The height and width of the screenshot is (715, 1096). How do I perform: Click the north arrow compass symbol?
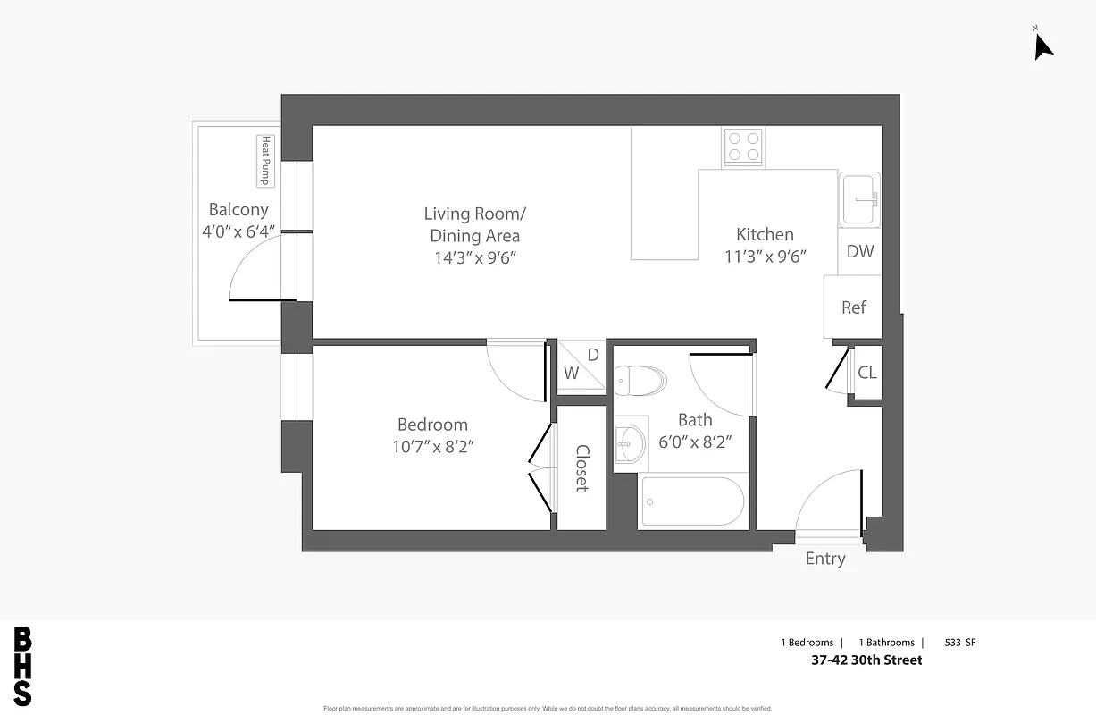pyautogui.click(x=1042, y=45)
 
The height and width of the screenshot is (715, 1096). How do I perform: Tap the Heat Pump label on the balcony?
pyautogui.click(x=265, y=161)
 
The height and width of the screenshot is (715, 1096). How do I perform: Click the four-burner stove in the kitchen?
pyautogui.click(x=743, y=147)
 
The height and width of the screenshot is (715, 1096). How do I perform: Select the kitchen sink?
pyautogui.click(x=859, y=198)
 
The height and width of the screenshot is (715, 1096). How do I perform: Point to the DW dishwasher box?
pyautogui.click(x=859, y=251)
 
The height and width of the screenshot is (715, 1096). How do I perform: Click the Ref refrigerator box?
pyautogui.click(x=853, y=307)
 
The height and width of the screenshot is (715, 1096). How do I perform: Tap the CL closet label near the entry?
pyautogui.click(x=866, y=373)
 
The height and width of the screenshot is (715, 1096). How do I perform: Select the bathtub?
pyautogui.click(x=692, y=501)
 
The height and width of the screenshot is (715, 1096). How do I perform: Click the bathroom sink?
pyautogui.click(x=631, y=442)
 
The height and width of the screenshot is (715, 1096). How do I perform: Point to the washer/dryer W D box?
pyautogui.click(x=581, y=366)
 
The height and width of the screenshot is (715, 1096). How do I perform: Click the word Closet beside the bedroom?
pyautogui.click(x=581, y=468)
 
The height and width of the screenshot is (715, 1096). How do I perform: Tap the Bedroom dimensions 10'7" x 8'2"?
pyautogui.click(x=432, y=447)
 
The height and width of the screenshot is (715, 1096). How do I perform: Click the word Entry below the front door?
pyautogui.click(x=825, y=559)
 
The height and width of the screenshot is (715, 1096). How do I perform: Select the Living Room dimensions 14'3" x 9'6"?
pyautogui.click(x=474, y=258)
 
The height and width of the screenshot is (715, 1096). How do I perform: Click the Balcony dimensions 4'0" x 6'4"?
pyautogui.click(x=238, y=232)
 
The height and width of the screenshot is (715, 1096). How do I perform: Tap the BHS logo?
pyautogui.click(x=23, y=667)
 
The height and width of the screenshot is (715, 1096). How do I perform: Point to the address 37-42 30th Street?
pyautogui.click(x=866, y=660)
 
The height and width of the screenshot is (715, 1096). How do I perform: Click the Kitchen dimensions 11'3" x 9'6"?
pyautogui.click(x=766, y=257)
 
